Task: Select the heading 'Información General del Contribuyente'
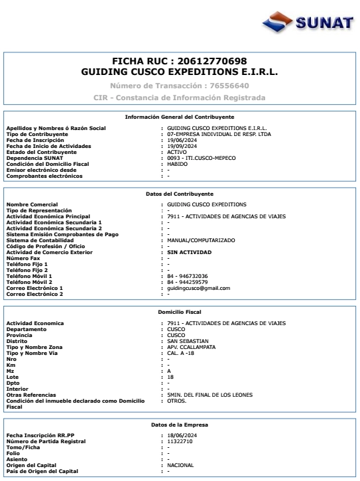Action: click(179, 117)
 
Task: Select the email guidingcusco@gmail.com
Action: click(199, 289)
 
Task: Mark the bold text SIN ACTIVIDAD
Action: click(190, 252)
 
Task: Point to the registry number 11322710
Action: click(180, 442)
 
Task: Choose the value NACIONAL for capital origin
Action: click(181, 465)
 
